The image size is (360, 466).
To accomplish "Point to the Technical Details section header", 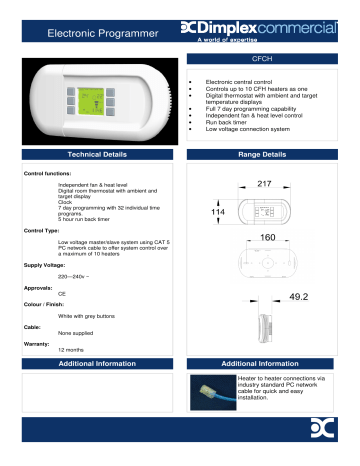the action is pos(97,158).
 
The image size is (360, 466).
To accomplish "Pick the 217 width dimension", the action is pos(265,186).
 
